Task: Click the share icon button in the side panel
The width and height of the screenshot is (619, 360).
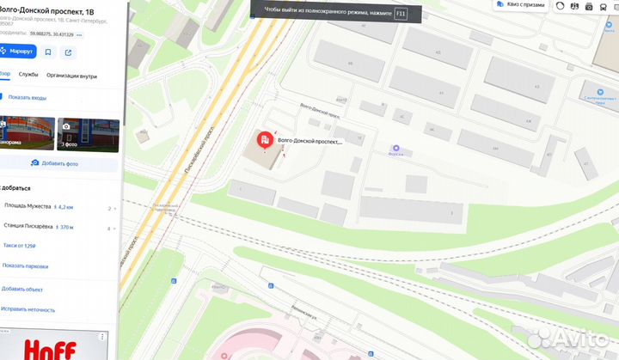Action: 69,52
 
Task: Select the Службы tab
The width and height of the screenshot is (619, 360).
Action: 28,76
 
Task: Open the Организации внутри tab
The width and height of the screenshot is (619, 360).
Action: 71,76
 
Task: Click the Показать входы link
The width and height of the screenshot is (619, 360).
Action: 27,98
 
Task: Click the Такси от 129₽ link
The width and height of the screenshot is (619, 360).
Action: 19,246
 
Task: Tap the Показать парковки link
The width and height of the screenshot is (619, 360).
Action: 25,266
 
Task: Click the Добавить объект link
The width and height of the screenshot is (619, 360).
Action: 22,290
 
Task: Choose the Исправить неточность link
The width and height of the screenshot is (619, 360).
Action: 28,309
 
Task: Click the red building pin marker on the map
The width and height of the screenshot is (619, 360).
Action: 266,139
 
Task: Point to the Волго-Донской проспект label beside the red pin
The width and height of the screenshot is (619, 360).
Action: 309,141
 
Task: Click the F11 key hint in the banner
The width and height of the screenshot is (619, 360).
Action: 399,13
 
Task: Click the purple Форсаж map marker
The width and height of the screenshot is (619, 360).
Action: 396,148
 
